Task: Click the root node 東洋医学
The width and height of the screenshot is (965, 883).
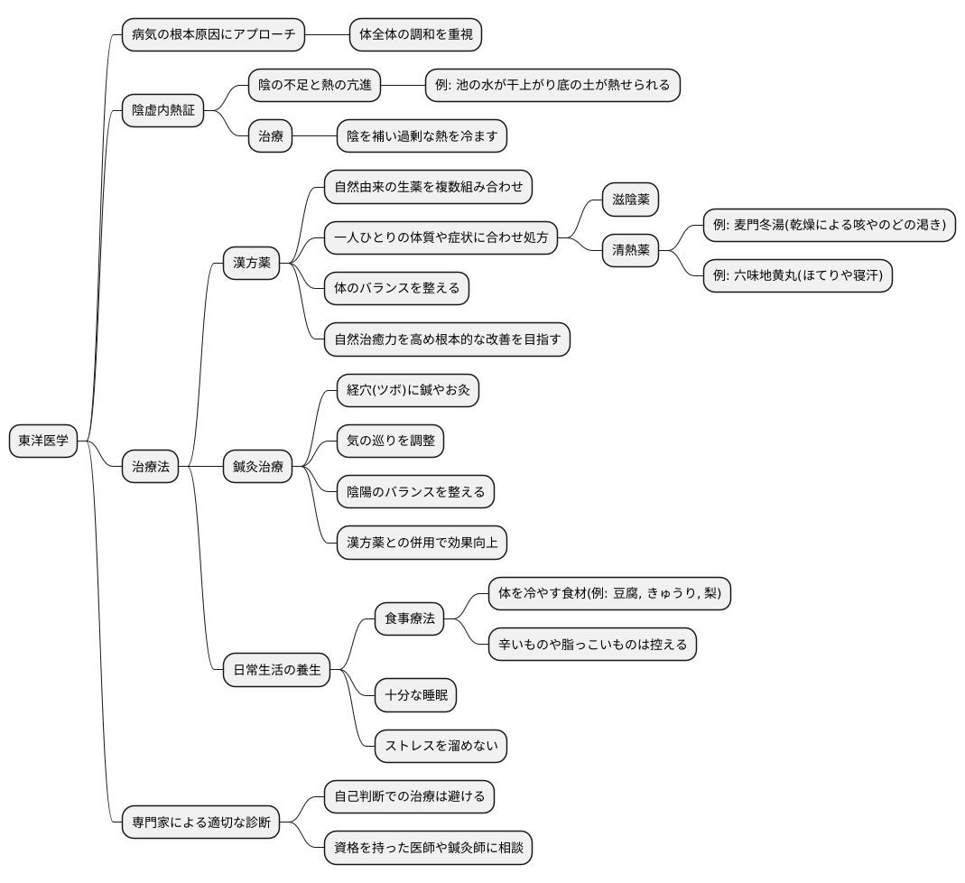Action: tap(43, 441)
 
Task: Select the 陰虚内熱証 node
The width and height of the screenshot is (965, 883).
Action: tap(162, 111)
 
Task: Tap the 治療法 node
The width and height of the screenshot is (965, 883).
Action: tap(151, 467)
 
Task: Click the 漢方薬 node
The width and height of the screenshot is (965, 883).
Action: tap(251, 264)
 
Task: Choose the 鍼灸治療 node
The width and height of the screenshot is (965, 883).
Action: tap(258, 467)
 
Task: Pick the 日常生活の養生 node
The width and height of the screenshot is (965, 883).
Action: tap(277, 670)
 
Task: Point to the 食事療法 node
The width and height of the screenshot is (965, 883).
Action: tap(410, 618)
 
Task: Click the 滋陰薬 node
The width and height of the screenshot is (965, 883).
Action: tap(631, 200)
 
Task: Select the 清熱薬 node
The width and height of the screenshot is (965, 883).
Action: tap(631, 250)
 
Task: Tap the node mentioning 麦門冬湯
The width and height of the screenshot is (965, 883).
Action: tap(829, 225)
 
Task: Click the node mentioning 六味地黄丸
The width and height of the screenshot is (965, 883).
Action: tap(798, 275)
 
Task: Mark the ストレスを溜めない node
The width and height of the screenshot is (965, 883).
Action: tap(441, 746)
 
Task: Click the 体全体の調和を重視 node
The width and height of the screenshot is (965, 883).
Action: tap(415, 35)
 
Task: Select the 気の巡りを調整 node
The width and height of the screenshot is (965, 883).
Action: tap(390, 441)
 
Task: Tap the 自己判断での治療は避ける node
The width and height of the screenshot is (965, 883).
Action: tap(410, 796)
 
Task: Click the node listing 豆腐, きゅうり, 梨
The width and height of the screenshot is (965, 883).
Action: tap(609, 593)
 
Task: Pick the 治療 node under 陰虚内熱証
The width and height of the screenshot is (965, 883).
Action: tap(271, 136)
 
